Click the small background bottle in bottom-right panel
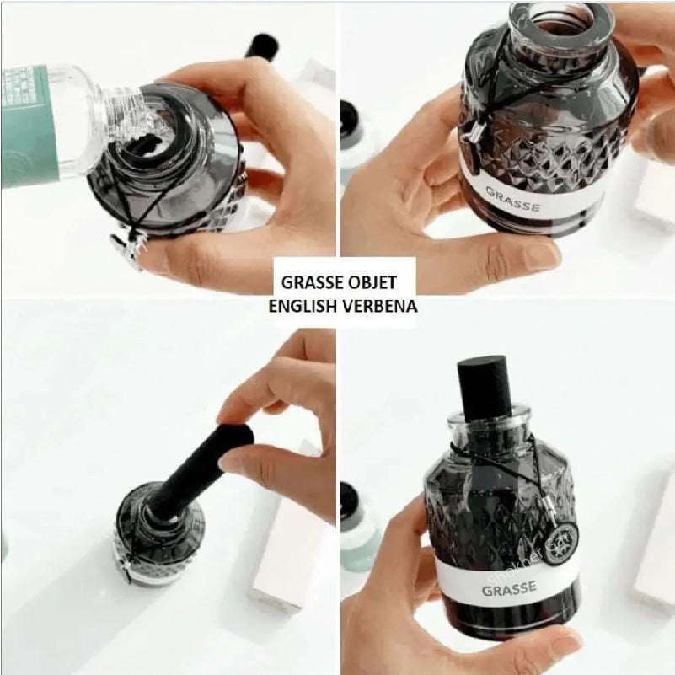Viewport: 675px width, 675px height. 359,527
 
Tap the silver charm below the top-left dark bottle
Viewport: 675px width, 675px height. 126,250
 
